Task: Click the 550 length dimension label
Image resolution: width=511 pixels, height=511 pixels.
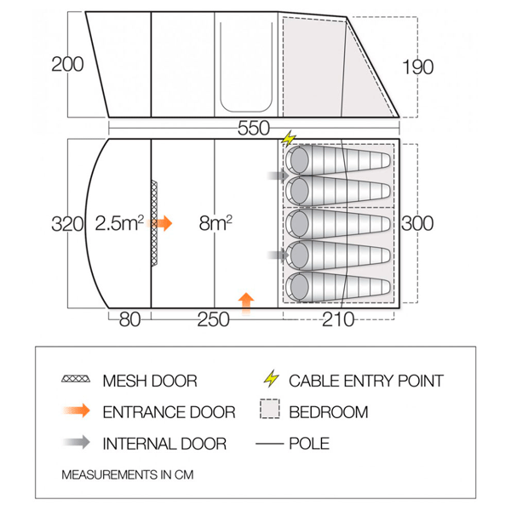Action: click(254, 128)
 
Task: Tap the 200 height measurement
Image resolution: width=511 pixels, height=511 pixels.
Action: click(67, 64)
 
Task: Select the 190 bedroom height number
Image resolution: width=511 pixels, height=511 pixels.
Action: click(418, 67)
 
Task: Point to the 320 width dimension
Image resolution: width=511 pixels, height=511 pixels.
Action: click(67, 224)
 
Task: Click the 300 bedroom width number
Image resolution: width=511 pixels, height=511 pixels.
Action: click(417, 223)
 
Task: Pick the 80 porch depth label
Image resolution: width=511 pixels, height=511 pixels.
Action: click(129, 319)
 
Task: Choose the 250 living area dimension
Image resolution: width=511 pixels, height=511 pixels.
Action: click(214, 319)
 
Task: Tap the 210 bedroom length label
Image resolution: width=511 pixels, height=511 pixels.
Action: click(338, 319)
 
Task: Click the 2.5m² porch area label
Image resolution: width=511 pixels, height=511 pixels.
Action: click(119, 223)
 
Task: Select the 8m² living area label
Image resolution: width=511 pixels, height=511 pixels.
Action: click(215, 223)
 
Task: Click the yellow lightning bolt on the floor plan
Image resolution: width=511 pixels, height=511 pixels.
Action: click(289, 139)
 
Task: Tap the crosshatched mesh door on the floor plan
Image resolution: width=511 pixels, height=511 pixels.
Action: click(154, 223)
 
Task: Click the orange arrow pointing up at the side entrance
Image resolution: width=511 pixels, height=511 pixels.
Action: click(246, 303)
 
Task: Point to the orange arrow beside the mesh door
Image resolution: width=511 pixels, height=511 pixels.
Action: click(160, 223)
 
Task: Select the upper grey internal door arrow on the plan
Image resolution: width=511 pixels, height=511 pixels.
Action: click(278, 176)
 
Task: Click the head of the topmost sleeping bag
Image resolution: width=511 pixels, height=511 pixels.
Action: click(298, 160)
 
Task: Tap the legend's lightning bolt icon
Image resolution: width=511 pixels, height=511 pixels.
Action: click(271, 378)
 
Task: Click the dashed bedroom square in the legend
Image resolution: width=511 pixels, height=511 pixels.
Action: click(270, 409)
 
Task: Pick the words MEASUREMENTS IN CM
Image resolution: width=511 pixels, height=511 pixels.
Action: click(128, 475)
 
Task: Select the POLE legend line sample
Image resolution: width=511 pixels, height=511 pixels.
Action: click(269, 444)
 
